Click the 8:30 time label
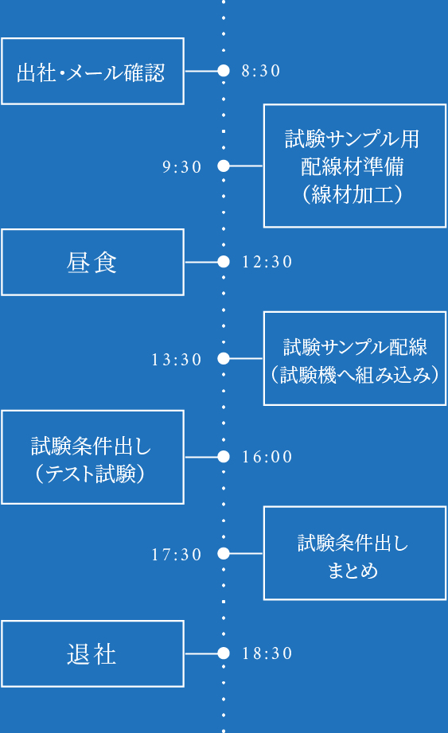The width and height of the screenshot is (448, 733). [x=261, y=71]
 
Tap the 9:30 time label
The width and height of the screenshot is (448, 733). [x=182, y=166]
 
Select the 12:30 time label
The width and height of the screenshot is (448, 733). [x=267, y=262]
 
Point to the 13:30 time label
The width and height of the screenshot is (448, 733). [x=177, y=360]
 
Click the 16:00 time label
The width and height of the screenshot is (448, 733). [x=267, y=457]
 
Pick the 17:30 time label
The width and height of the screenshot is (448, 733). [x=177, y=555]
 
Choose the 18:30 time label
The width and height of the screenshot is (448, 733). [x=267, y=653]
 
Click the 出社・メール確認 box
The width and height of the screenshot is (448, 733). [x=92, y=71]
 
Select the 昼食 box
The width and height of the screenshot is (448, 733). [x=92, y=262]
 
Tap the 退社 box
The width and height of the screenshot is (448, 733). [x=92, y=653]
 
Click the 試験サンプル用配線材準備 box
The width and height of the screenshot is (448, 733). [x=355, y=166]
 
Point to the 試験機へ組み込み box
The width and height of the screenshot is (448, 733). [x=355, y=359]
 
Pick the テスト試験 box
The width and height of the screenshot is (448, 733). [x=92, y=457]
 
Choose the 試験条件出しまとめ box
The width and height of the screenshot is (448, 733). [x=355, y=553]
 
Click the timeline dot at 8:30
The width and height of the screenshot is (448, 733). [x=224, y=71]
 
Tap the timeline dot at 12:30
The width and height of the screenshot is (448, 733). [x=224, y=262]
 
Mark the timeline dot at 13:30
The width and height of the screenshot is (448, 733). [x=224, y=359]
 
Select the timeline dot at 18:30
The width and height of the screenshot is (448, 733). [x=224, y=653]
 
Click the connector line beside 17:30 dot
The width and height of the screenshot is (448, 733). [x=246, y=554]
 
